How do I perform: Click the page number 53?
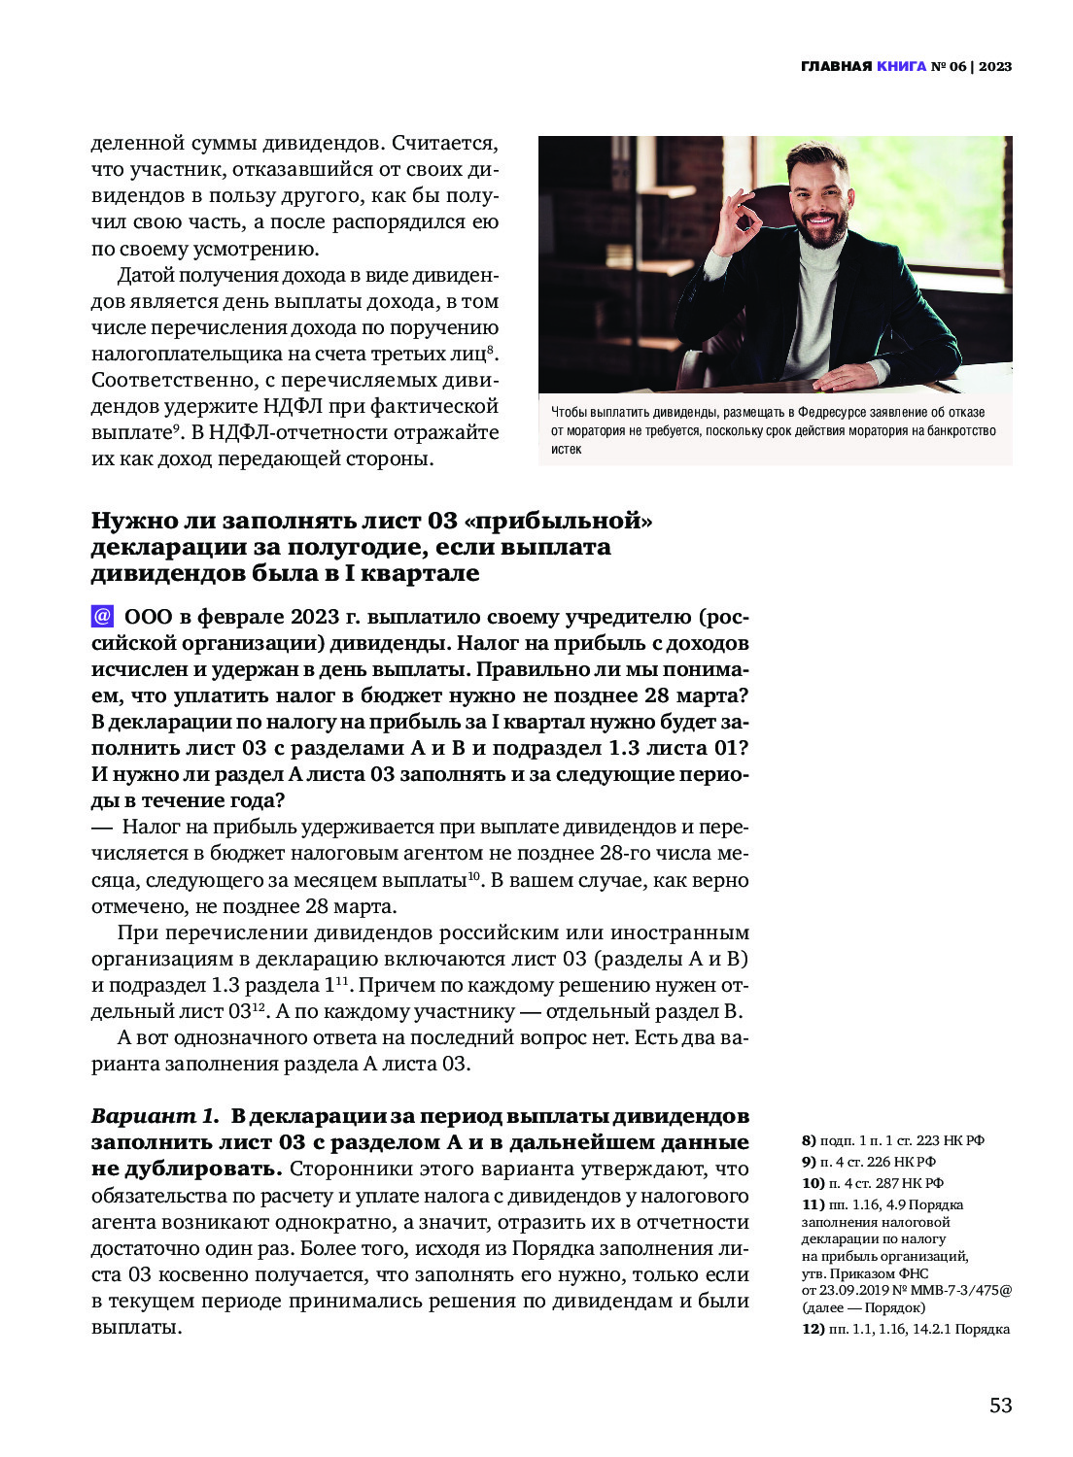[1000, 1405]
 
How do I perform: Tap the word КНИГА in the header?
[901, 66]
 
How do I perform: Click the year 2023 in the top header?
[994, 66]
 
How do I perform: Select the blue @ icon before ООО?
[102, 617]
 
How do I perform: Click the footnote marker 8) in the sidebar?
[809, 1140]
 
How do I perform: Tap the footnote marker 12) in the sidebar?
[813, 1329]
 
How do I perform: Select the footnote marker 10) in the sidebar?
[813, 1183]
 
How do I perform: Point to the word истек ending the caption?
[566, 449]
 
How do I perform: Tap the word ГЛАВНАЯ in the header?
[836, 66]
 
